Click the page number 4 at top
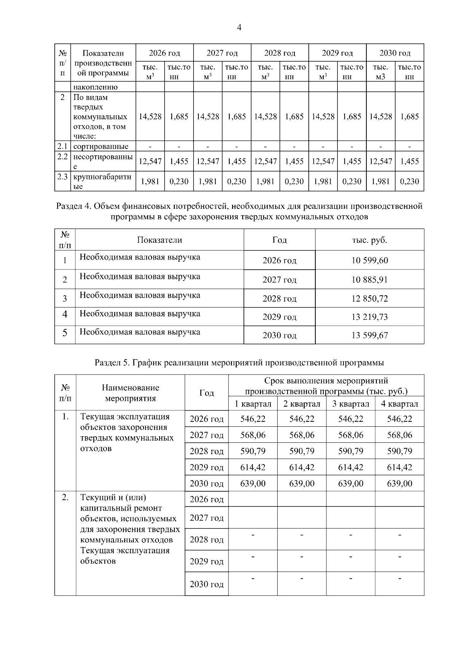(239, 27)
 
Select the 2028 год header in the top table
(280, 53)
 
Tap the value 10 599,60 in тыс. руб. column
(369, 261)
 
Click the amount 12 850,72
(369, 299)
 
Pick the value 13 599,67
(369, 335)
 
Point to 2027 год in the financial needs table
(279, 280)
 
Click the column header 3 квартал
(350, 404)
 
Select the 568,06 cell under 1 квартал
(253, 435)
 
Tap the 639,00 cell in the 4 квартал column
(399, 484)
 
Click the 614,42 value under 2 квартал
(302, 468)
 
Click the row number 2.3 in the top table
(62, 177)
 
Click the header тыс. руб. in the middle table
(369, 240)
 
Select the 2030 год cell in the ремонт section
(206, 584)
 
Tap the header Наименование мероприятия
(130, 393)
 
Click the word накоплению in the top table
(96, 87)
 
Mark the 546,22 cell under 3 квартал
(350, 419)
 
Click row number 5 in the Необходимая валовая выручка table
(65, 333)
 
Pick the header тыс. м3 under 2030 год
(380, 72)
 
